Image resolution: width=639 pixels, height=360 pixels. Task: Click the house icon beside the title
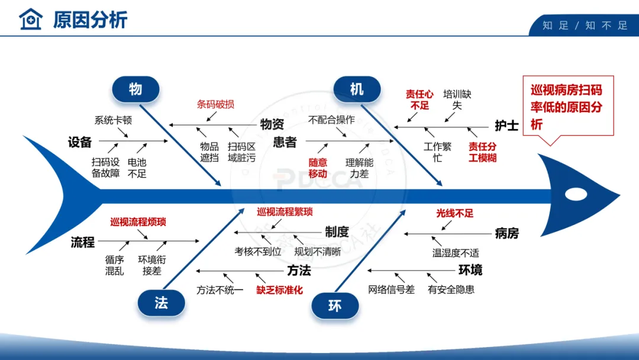coord(31,19)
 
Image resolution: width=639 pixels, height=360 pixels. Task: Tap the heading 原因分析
coord(90,20)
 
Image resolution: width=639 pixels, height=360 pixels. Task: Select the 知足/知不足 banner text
coord(585,25)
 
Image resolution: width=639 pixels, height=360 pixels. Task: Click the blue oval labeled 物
coord(135,89)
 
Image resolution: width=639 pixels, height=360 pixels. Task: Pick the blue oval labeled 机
coord(357,89)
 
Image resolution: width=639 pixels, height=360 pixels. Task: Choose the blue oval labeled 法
coord(161,303)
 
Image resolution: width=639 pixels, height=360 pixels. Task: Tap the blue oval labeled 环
coord(335,306)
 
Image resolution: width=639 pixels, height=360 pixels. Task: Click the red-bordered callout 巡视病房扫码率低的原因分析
coord(566,107)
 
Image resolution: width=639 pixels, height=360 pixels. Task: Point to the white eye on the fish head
coord(576,194)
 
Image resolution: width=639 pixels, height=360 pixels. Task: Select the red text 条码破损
coord(215,104)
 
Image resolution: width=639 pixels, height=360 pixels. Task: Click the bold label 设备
coord(80,142)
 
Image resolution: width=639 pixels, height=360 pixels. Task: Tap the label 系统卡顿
coord(113,120)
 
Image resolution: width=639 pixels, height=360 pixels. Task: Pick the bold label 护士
coord(506,126)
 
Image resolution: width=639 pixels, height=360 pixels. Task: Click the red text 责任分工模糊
coord(482,152)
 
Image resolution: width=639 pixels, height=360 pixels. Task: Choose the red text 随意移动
coord(318,168)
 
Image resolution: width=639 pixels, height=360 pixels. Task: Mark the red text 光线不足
coord(455,213)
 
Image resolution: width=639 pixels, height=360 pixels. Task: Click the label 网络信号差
coord(391,290)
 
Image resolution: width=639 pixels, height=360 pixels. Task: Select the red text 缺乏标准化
coord(279,290)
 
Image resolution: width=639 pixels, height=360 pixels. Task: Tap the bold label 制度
coord(337,232)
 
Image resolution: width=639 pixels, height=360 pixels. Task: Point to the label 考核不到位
coord(258,252)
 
